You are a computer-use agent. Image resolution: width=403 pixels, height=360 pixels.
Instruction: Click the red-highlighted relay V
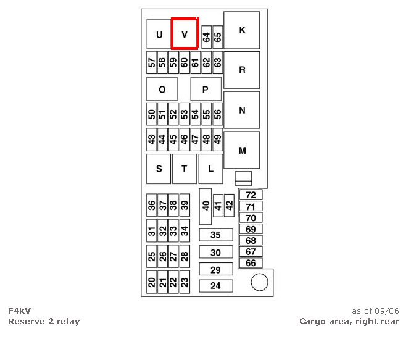pos(185,34)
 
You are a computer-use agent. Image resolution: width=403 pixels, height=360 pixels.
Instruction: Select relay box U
pos(159,35)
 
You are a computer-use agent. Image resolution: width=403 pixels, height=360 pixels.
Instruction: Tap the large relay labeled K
pos(242,30)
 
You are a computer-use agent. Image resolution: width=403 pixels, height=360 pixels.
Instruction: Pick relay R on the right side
pos(242,70)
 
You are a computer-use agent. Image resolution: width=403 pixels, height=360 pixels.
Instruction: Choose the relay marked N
pos(242,110)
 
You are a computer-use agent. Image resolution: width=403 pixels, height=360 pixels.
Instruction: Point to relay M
pos(242,150)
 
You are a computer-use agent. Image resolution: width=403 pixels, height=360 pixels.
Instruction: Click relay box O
pos(162,89)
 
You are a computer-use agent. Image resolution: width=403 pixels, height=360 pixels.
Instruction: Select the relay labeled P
pos(206,89)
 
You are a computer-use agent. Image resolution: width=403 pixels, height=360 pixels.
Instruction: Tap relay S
pos(159,169)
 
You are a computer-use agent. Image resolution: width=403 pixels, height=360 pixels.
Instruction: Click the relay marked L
pos(210,169)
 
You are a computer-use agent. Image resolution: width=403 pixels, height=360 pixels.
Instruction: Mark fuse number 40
pos(206,206)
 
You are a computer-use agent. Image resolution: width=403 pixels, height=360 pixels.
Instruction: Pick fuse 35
pos(215,235)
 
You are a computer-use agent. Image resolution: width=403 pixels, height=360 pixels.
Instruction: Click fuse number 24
pos(215,286)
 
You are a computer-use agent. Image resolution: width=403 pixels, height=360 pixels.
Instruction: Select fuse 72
pos(251,195)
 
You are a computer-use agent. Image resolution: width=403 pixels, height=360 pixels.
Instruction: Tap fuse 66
pos(251,263)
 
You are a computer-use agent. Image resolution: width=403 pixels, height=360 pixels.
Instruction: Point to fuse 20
pos(152,282)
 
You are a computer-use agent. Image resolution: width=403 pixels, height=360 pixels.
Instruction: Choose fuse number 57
pos(152,62)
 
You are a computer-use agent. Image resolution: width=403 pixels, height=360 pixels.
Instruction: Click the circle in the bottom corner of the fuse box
pos(260,283)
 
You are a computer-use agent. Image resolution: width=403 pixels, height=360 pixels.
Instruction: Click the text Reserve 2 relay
pos(44,321)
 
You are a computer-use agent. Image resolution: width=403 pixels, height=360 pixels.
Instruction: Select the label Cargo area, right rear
pos(349,321)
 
